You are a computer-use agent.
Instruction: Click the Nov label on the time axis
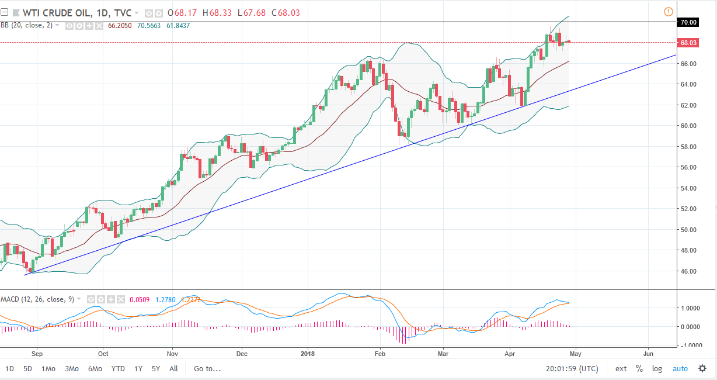tap(172, 354)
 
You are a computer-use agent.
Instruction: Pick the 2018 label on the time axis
tap(307, 354)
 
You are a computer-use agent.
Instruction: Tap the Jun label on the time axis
tap(648, 354)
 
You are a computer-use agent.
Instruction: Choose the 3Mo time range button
tap(71, 369)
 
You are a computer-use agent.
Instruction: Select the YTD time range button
tap(118, 369)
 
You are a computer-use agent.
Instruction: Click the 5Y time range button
tap(156, 369)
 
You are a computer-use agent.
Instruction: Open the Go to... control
tap(207, 369)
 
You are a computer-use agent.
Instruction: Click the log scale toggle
tap(657, 369)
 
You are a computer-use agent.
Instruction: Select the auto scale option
tap(680, 369)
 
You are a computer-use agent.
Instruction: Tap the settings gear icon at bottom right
tap(702, 369)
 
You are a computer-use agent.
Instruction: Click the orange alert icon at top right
tap(669, 12)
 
